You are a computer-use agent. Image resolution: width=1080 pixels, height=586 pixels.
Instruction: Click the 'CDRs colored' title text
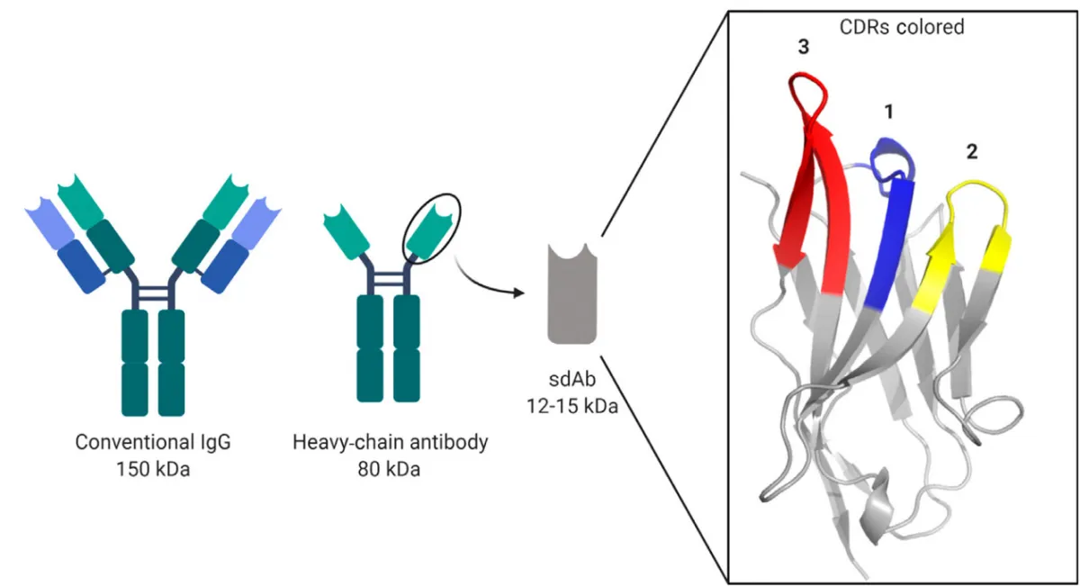pyautogui.click(x=901, y=27)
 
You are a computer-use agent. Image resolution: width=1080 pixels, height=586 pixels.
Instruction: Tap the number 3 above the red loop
pyautogui.click(x=803, y=48)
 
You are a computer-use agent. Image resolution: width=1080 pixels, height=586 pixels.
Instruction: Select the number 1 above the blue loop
pyautogui.click(x=888, y=112)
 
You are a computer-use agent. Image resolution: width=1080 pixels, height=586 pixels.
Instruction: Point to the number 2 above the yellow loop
pyautogui.click(x=971, y=151)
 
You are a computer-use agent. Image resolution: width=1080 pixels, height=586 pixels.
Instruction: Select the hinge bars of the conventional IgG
pyautogui.click(x=153, y=293)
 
